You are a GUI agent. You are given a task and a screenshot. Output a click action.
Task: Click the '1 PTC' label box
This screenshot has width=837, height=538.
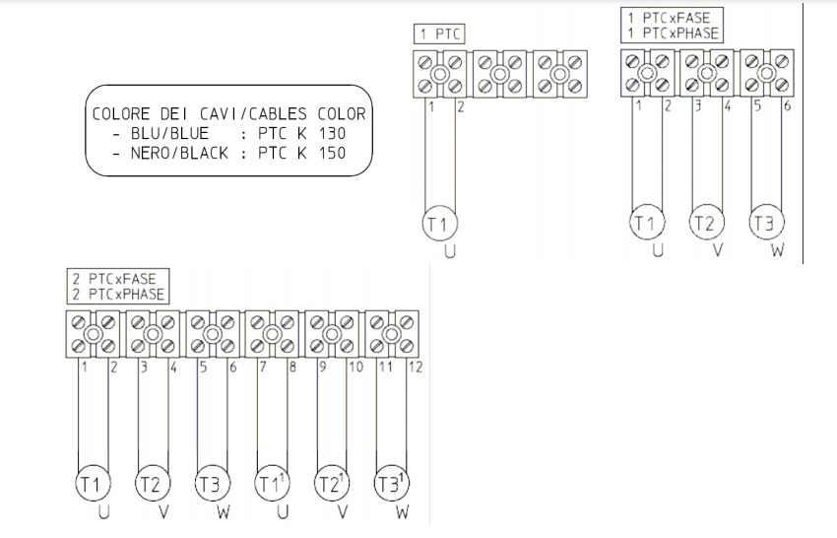click(438, 34)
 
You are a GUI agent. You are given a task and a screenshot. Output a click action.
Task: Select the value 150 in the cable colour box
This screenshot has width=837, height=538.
click(333, 153)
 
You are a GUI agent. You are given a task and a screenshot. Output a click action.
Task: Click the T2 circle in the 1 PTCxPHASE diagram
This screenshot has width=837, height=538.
click(703, 223)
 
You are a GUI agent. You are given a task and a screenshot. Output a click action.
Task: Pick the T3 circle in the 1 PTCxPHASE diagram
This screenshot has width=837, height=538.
click(763, 223)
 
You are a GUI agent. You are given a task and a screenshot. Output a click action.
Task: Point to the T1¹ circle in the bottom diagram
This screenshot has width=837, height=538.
click(271, 484)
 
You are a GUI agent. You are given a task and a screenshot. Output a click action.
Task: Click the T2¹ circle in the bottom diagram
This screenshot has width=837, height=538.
click(331, 484)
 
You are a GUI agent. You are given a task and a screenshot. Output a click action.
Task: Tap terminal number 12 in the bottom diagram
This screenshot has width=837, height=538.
click(415, 368)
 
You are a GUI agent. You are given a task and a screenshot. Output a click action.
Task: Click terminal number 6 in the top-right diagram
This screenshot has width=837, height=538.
click(786, 105)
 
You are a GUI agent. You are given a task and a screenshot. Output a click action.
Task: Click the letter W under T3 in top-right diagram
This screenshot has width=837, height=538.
click(777, 251)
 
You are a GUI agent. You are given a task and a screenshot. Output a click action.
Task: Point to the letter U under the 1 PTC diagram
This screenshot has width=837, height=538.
click(450, 251)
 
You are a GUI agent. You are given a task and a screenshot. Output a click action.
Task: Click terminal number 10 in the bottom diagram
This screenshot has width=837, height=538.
click(354, 368)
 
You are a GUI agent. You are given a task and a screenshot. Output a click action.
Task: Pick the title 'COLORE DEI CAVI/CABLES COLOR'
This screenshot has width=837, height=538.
click(228, 114)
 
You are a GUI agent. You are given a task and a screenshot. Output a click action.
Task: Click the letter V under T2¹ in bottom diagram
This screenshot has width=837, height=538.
click(343, 513)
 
